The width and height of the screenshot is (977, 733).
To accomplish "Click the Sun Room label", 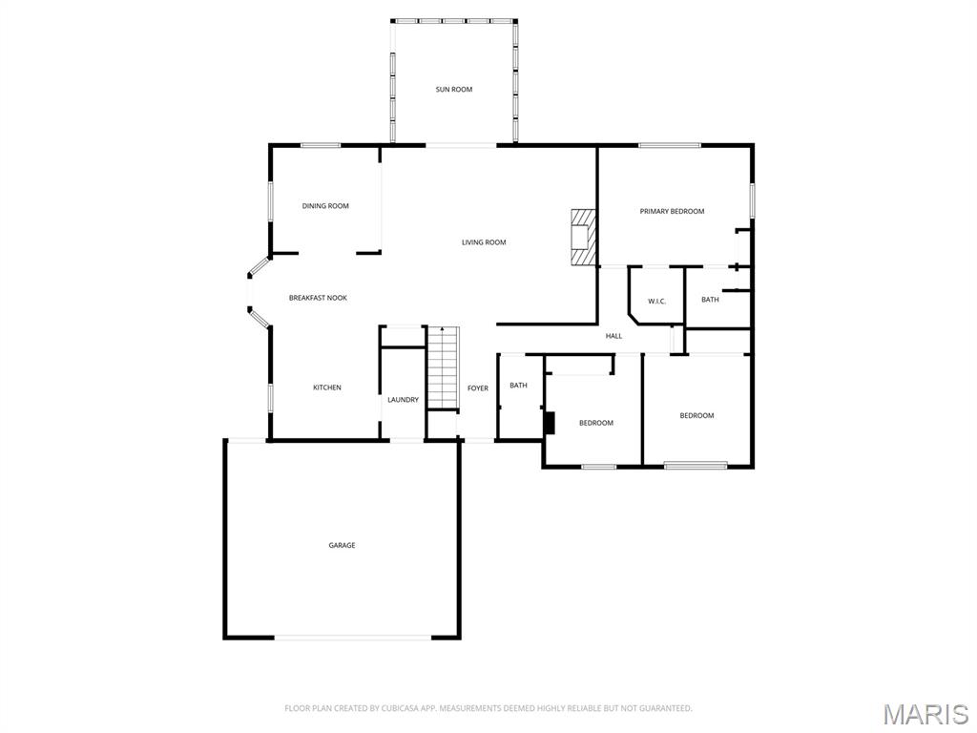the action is [x=453, y=90].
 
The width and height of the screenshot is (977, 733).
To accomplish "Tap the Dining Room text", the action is [x=325, y=206].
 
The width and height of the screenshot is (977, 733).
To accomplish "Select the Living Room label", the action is [x=484, y=242].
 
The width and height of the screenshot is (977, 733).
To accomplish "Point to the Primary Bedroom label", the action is [x=672, y=211].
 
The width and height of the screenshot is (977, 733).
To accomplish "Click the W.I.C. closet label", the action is [x=656, y=302].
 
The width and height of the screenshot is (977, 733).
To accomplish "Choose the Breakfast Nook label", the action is [x=318, y=298].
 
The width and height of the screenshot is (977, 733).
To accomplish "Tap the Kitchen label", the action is [x=327, y=387].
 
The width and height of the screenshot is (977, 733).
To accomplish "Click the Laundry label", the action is [x=404, y=400].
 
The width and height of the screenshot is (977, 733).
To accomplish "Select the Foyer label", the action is [x=478, y=388].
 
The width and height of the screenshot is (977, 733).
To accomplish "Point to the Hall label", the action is [x=613, y=336].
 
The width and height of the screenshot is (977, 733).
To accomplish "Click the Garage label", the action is [x=343, y=545].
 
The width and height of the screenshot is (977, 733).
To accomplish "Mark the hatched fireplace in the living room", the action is [x=583, y=237].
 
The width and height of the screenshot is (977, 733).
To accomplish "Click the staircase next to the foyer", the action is [x=443, y=367].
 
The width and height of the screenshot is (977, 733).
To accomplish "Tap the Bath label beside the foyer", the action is [x=518, y=386].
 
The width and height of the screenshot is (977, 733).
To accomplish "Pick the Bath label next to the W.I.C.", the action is [x=710, y=300].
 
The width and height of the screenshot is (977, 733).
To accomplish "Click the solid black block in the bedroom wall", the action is [x=549, y=423].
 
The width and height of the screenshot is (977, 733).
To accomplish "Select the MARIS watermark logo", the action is [x=925, y=715].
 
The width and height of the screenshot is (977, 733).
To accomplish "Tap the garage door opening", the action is [x=353, y=637].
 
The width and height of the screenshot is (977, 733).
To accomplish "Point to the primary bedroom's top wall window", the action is [x=670, y=146].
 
